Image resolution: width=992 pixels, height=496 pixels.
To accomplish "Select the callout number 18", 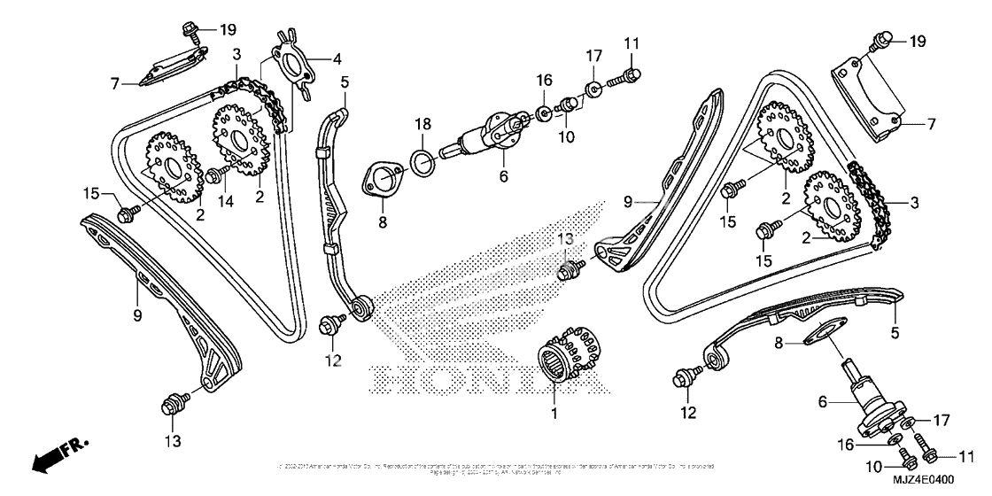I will (424, 123).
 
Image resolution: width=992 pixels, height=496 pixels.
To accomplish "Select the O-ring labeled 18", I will (424, 161).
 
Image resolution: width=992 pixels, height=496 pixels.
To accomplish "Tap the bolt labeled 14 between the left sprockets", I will (213, 174).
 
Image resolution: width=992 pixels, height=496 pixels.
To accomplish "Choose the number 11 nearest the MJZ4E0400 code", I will (966, 457).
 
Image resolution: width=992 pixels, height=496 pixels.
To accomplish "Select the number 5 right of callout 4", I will (345, 82).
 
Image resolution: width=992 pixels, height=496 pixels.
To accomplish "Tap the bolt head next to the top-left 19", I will (190, 31).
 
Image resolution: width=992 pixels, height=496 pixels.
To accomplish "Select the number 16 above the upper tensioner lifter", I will (543, 81).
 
